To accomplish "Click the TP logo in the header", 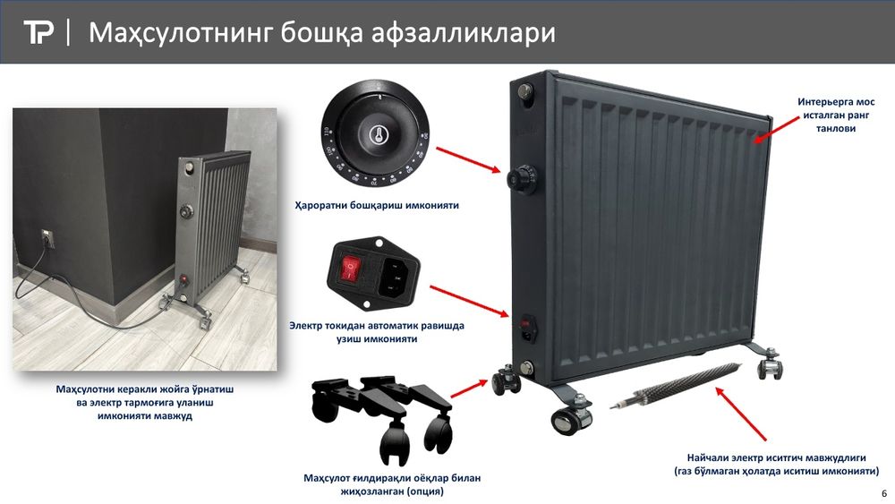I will point(39,33).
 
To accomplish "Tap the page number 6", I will point(884,494).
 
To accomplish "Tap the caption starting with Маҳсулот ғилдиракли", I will point(392,484).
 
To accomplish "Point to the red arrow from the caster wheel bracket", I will point(468,388).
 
